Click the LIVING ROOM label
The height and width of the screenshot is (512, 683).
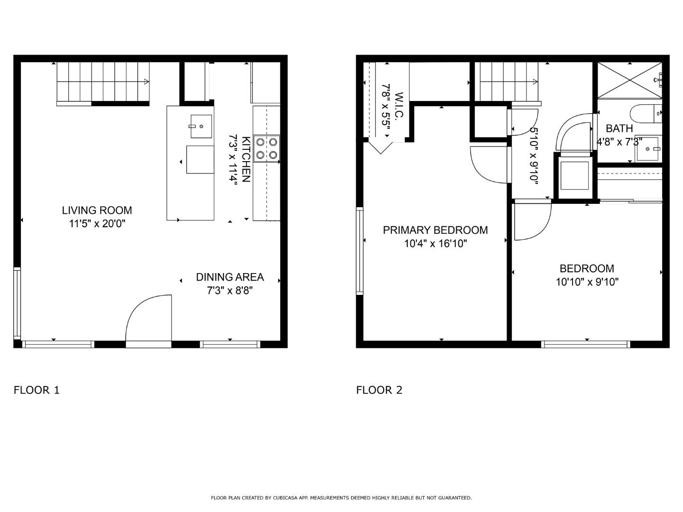[x=97, y=210]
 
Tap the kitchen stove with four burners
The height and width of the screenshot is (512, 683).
[x=267, y=148]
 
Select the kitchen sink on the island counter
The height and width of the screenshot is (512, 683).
[x=201, y=126]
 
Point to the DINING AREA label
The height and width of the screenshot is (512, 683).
[x=230, y=277]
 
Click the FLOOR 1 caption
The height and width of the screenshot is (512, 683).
[x=37, y=390]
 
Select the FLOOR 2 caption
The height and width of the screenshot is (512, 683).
[x=379, y=390]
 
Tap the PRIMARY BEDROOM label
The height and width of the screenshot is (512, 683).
[x=435, y=230]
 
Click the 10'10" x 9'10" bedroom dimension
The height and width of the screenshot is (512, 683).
[x=587, y=282]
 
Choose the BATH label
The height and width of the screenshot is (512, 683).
[x=619, y=128]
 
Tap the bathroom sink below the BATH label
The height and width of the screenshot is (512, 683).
[x=648, y=149]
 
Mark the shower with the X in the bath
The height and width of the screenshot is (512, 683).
[x=630, y=81]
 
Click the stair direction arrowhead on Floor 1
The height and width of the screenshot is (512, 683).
[x=147, y=82]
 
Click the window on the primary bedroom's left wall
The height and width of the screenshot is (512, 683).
[x=360, y=251]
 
